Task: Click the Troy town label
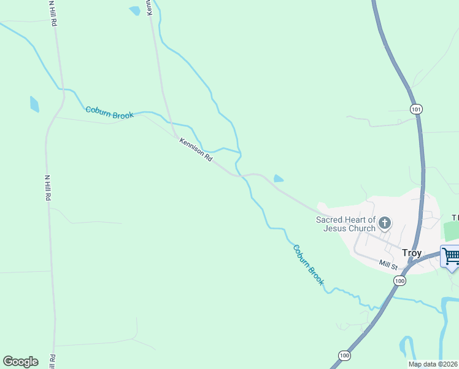(x=411, y=253)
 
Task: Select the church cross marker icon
(x=385, y=223)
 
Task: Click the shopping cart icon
(x=451, y=255)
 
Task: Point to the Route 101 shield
(x=417, y=109)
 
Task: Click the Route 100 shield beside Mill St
(x=399, y=280)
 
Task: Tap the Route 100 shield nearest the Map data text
(x=344, y=355)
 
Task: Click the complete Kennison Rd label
(x=196, y=149)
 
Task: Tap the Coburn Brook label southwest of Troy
(x=308, y=264)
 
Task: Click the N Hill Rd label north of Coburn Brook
(x=54, y=13)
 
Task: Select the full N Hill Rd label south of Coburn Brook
(x=47, y=188)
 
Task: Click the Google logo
(x=20, y=362)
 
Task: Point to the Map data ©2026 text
(x=433, y=364)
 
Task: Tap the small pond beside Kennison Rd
(x=278, y=179)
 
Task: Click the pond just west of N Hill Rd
(x=34, y=104)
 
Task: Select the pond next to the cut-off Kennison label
(x=134, y=10)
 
